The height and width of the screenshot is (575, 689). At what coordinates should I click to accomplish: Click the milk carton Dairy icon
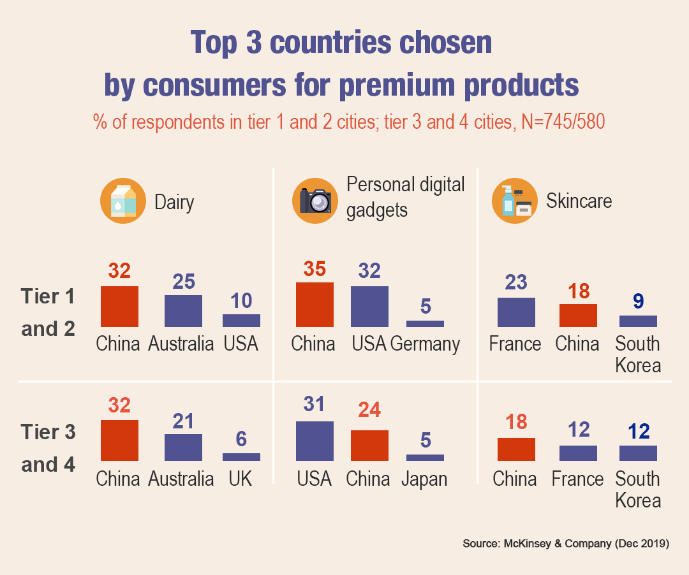(x=119, y=201)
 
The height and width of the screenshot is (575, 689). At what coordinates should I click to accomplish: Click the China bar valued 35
(x=315, y=305)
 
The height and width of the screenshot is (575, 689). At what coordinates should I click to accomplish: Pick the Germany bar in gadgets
(x=425, y=324)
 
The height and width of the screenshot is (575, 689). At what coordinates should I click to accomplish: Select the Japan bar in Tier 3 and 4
(x=425, y=458)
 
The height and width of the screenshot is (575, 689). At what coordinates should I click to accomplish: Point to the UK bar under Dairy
(x=241, y=457)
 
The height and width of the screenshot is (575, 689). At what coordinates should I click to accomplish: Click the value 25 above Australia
(x=184, y=281)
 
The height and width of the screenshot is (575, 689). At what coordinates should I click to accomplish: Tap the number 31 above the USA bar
(x=315, y=404)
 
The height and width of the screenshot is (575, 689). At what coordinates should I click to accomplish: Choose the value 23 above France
(x=516, y=282)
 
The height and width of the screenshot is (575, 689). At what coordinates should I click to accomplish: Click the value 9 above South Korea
(x=638, y=300)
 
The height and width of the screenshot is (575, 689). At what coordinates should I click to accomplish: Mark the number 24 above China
(x=369, y=409)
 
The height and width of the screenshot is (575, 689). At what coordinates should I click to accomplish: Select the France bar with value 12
(x=578, y=453)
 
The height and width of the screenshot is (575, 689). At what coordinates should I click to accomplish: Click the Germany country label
(x=426, y=344)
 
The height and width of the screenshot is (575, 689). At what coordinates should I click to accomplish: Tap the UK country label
(x=241, y=479)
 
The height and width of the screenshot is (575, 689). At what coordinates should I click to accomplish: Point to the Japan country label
(x=424, y=479)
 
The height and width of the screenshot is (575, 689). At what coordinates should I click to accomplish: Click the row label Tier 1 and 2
(x=48, y=312)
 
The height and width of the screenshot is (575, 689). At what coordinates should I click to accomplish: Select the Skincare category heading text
(x=579, y=201)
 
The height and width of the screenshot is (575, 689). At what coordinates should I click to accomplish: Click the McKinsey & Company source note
(x=565, y=544)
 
